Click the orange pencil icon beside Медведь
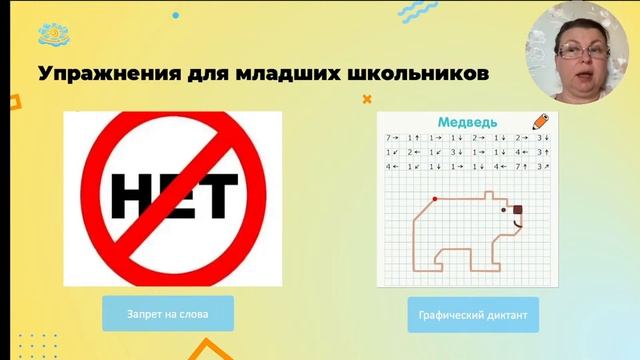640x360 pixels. point(540,119)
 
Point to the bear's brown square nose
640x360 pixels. point(518,209)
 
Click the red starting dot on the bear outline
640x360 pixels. point(434,199)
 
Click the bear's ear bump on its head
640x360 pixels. point(491,196)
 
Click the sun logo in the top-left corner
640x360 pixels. point(52,36)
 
